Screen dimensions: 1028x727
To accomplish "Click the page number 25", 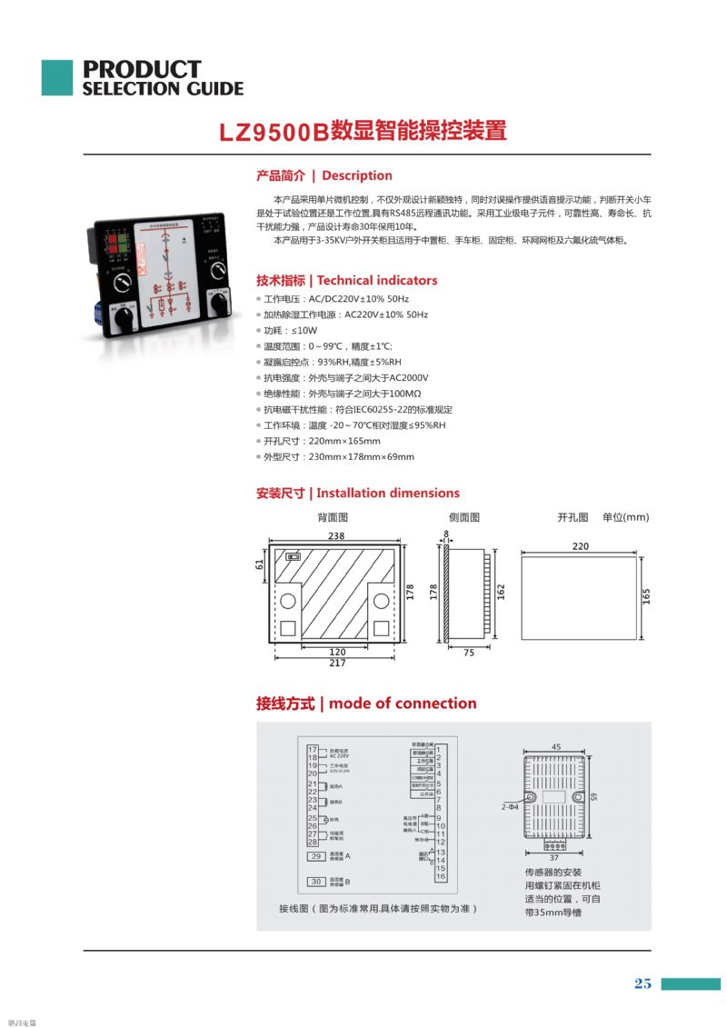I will point(642,983).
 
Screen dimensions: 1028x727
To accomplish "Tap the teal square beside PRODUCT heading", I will point(56,78).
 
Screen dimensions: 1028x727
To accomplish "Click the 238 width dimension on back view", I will point(336,535).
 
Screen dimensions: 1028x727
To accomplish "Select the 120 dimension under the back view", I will point(337,652).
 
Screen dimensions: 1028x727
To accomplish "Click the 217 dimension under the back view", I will point(337,664).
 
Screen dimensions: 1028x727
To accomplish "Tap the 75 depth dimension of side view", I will point(469,653).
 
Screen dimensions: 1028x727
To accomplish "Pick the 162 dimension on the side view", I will point(501,592).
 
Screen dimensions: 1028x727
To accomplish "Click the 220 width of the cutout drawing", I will point(581,546).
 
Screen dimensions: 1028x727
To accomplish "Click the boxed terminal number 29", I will point(316,856).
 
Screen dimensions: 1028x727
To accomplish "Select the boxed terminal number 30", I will point(316,881).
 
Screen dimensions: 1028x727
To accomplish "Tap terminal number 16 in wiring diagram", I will point(440,876).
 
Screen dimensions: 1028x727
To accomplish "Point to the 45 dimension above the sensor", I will point(556,747).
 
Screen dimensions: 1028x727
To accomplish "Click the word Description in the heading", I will point(357,175).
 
